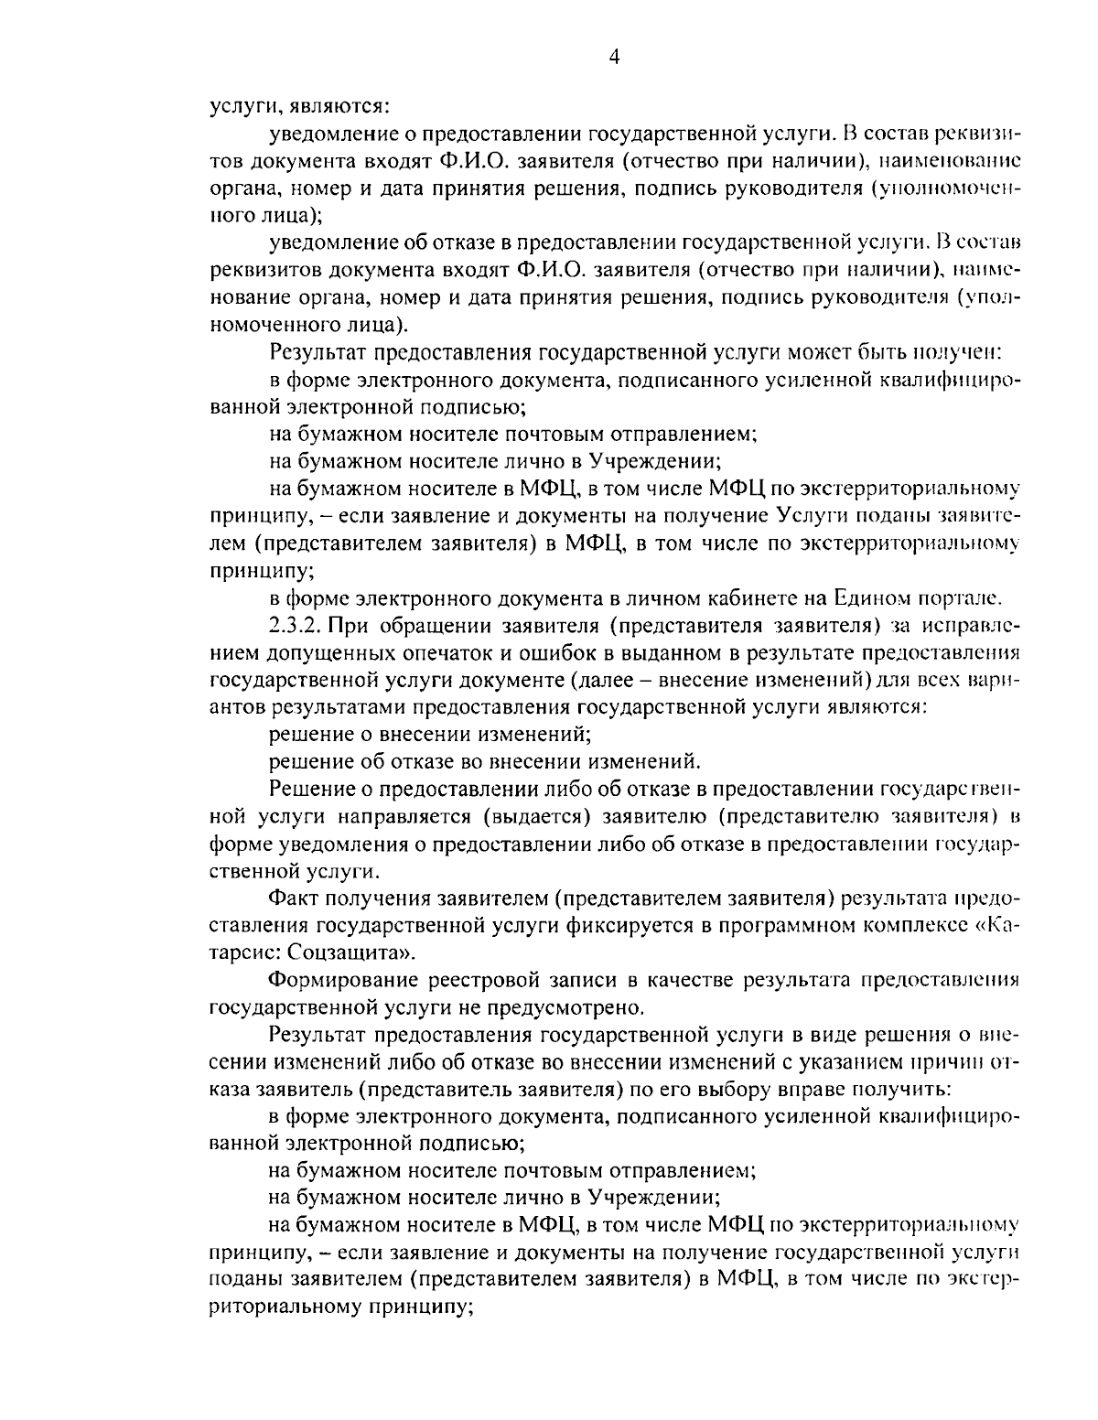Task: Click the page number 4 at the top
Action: coord(614,58)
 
